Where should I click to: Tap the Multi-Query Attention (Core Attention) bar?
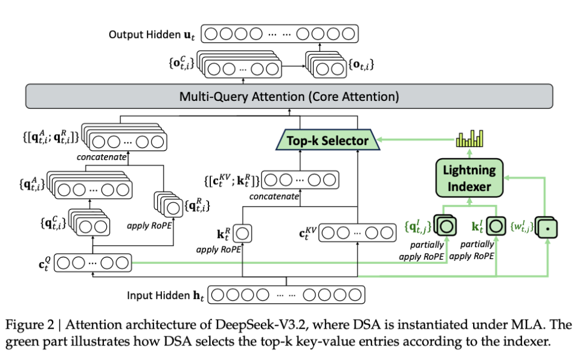point(289,96)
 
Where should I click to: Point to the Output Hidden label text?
point(153,34)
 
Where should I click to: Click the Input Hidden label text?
point(165,296)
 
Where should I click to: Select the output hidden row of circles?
point(279,34)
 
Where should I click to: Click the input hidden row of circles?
point(286,296)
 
